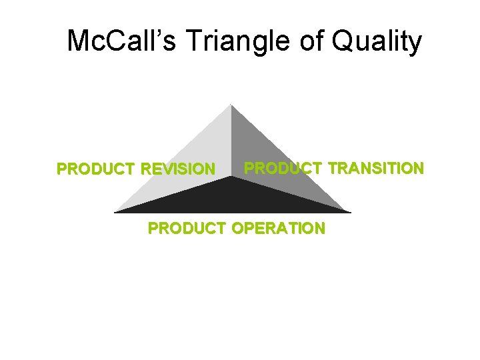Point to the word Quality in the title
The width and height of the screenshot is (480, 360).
377,41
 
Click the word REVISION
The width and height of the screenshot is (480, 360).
178,169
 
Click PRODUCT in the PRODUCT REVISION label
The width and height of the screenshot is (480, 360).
97,169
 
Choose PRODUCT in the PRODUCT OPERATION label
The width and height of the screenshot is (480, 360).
187,229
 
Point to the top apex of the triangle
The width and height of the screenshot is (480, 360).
231,105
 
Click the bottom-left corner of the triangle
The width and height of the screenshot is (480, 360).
115,212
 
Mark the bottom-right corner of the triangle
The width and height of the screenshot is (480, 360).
349,212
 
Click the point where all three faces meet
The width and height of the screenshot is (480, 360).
231,177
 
